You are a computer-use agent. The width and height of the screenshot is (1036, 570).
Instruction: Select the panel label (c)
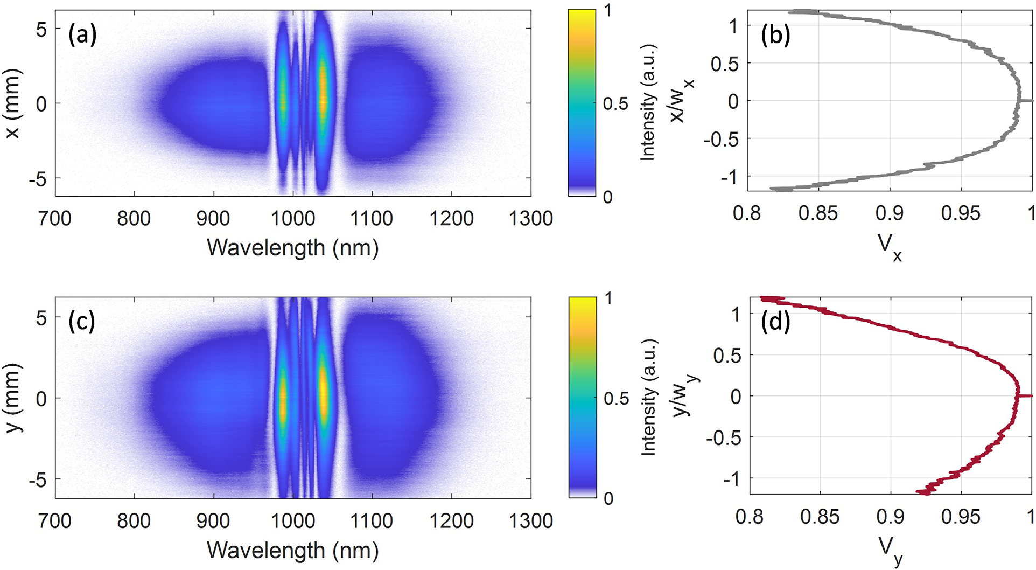click(82, 322)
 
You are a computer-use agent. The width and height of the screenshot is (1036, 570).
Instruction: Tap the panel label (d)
click(775, 322)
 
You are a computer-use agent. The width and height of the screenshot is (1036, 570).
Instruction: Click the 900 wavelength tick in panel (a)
click(213, 218)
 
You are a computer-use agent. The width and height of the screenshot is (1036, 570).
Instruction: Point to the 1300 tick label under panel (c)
click(531, 520)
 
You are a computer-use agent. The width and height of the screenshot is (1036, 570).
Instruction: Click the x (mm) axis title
click(12, 103)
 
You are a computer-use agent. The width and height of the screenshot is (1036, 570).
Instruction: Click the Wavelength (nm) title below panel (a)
click(292, 248)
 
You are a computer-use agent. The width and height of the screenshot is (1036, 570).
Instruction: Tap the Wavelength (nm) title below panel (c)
click(292, 550)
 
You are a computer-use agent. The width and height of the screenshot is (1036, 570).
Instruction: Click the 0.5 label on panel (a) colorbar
click(615, 103)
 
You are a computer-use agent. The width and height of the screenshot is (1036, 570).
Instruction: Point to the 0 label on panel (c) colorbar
click(608, 499)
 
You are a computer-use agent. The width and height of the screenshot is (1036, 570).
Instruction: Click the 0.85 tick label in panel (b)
click(818, 213)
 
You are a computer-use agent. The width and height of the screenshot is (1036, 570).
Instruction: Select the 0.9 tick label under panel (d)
click(890, 517)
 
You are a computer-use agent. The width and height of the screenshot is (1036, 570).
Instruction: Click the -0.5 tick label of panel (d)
click(723, 437)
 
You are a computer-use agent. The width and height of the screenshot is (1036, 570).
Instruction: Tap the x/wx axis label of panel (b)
click(680, 101)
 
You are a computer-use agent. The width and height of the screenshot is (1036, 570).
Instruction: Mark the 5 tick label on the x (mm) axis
click(41, 30)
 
